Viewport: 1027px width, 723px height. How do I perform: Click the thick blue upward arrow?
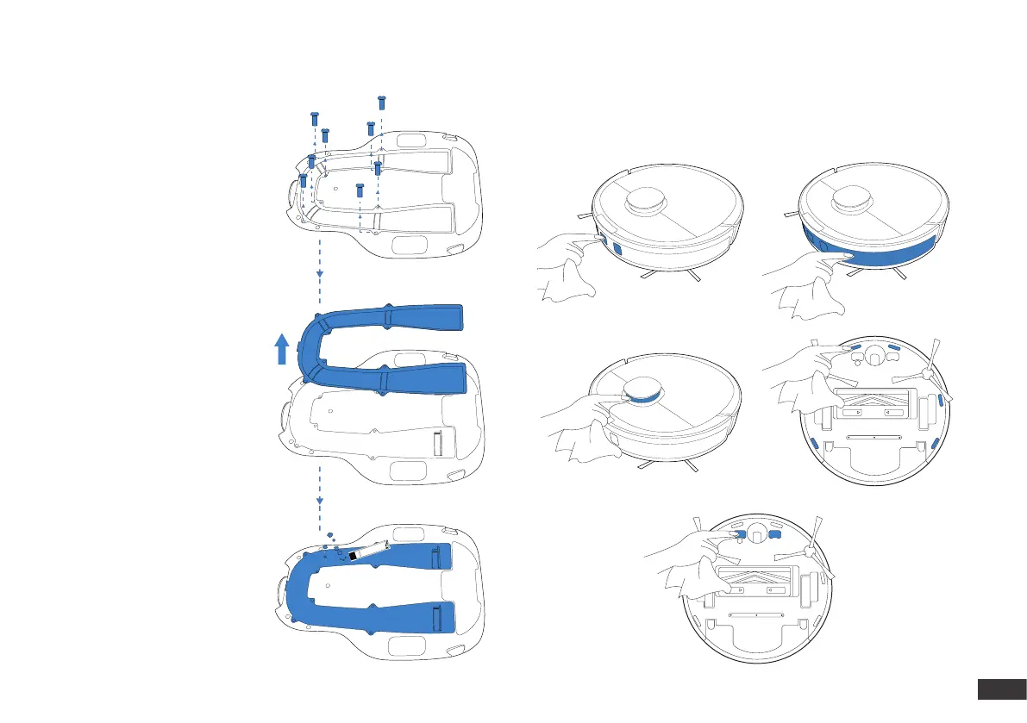tap(282, 351)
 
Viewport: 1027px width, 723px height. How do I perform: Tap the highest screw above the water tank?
tap(382, 101)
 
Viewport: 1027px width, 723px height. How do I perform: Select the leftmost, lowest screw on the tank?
tap(303, 179)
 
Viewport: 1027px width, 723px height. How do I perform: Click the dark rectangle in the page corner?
tap(998, 690)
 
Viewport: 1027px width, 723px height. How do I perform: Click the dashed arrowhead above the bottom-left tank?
tap(320, 501)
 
